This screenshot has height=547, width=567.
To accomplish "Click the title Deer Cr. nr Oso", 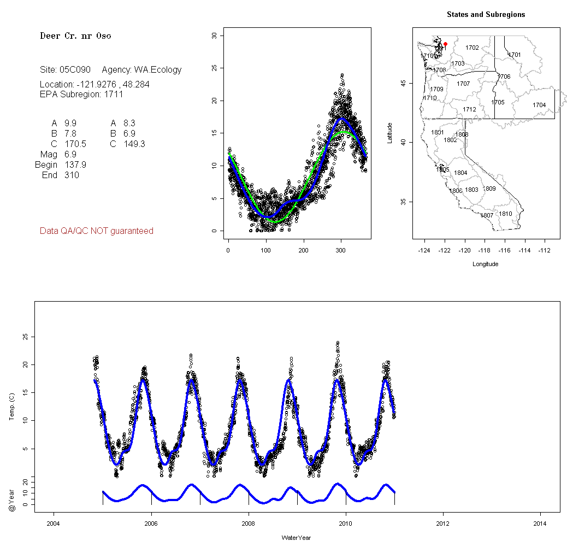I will click(75, 36).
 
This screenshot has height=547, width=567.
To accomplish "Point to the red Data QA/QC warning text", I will click(97, 231).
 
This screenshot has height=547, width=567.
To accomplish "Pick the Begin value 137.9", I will click(75, 165).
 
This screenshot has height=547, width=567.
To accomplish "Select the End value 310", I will click(72, 175).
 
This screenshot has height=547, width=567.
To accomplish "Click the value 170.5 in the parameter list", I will click(75, 144).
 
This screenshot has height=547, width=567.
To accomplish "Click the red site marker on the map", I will click(445, 44).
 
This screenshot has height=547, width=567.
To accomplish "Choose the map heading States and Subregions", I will click(486, 15).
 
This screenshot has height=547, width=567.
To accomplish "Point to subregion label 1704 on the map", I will click(539, 105).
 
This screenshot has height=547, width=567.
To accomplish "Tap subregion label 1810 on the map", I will click(506, 214).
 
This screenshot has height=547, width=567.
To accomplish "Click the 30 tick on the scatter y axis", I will click(214, 36).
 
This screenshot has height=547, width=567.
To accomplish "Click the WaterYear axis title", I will click(297, 538).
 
